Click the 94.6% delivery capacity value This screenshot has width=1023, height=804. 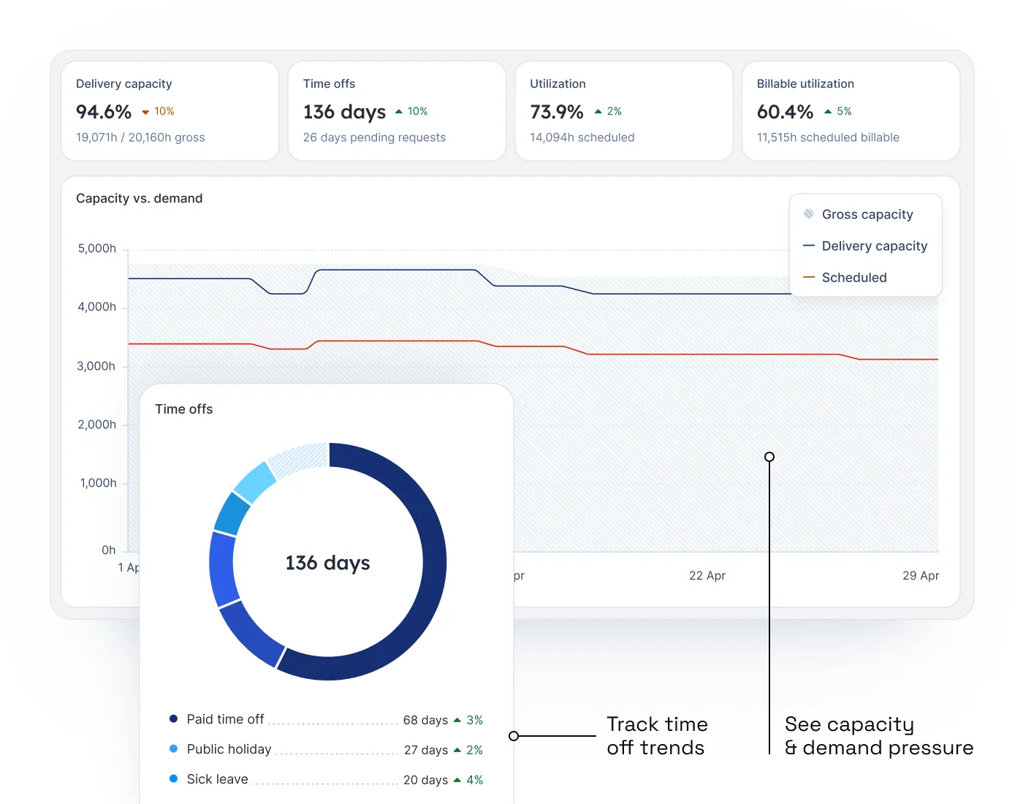[104, 112]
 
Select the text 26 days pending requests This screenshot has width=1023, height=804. [374, 137]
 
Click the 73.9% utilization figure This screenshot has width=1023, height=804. [557, 112]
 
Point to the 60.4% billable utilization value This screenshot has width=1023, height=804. [785, 112]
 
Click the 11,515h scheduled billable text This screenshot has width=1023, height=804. [828, 137]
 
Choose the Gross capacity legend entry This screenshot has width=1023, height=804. [867, 214]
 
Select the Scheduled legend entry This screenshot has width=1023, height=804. [853, 278]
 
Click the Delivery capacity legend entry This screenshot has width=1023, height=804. [874, 246]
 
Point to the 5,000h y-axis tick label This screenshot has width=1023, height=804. [97, 249]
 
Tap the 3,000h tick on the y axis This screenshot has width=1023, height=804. [96, 366]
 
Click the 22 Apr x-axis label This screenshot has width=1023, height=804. [707, 576]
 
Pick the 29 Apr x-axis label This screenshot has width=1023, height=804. [920, 576]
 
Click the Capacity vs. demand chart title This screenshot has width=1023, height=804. [140, 199]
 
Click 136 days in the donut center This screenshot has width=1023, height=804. [327, 563]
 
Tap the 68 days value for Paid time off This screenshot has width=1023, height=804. [425, 720]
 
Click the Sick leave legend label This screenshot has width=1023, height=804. [217, 779]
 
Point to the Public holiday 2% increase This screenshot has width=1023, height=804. [468, 750]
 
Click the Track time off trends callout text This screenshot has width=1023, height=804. [656, 735]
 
